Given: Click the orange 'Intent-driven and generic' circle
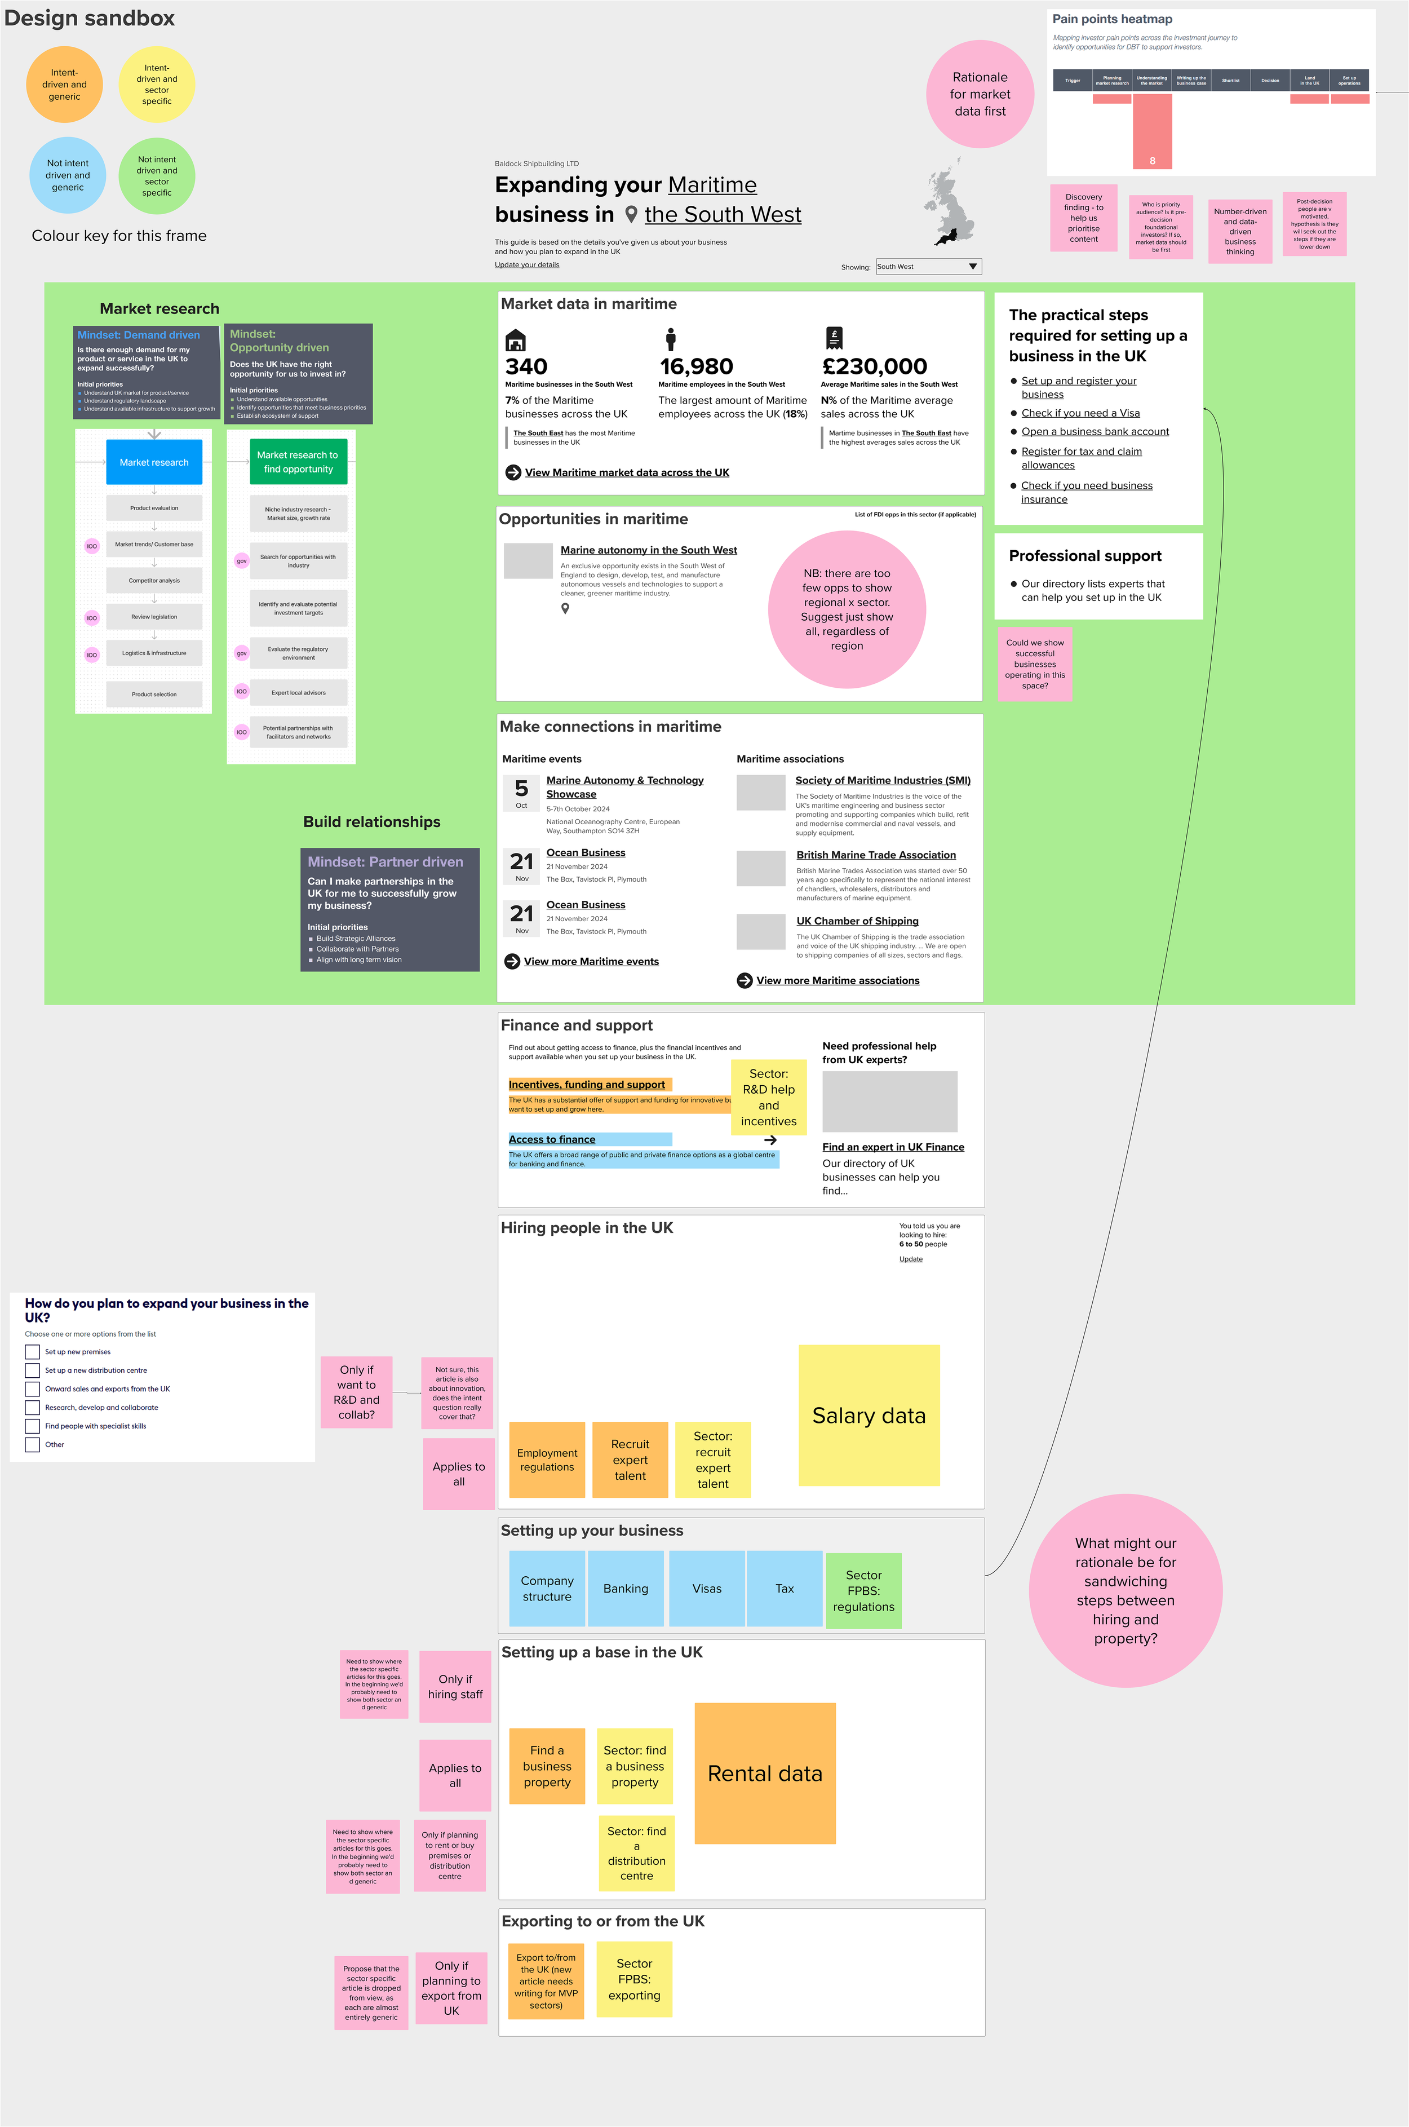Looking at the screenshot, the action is click(x=64, y=85).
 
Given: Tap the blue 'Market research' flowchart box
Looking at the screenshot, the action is click(x=154, y=462).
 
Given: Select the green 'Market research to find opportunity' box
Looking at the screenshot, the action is click(x=298, y=462).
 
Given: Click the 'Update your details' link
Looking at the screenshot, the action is click(x=526, y=265).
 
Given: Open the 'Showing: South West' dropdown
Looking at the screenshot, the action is click(x=928, y=267).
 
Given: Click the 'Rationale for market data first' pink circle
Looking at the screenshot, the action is click(x=980, y=94).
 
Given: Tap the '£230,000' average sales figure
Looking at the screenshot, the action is click(x=874, y=366).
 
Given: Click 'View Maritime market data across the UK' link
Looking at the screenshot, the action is click(x=626, y=472).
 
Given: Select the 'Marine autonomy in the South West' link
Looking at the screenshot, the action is click(x=648, y=550).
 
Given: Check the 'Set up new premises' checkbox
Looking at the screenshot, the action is click(x=32, y=1351).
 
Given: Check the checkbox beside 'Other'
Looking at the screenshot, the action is click(x=32, y=1445).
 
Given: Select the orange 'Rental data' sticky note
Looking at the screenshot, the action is click(x=765, y=1773).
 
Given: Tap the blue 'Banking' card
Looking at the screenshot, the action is click(x=626, y=1589).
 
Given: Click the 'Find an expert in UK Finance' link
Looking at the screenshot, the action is click(x=892, y=1147).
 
